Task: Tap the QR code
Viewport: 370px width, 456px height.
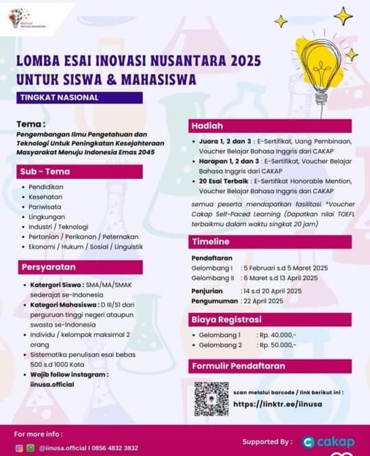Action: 211,399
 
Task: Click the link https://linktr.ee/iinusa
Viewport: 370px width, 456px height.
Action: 277,405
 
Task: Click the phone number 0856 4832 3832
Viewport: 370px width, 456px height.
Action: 109,448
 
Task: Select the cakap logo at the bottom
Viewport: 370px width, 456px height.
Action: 328,442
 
